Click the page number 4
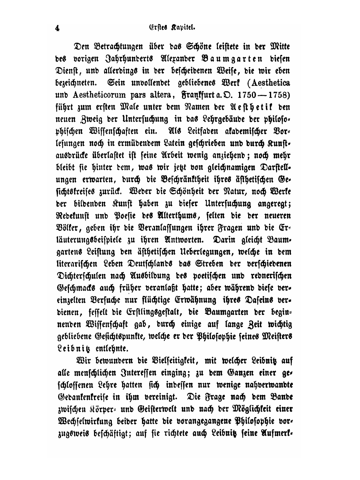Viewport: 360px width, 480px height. (x=57, y=29)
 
